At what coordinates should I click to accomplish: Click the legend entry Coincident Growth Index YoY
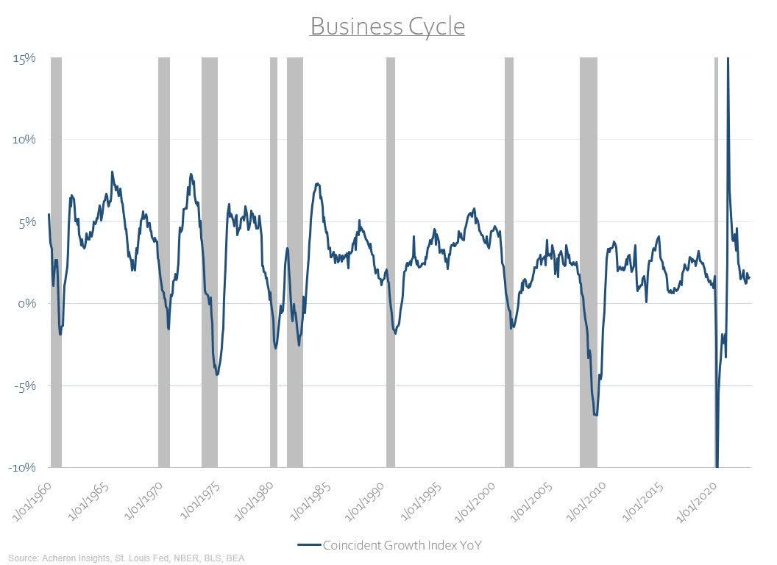pyautogui.click(x=390, y=545)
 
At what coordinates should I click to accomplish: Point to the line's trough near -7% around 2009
pyautogui.click(x=595, y=415)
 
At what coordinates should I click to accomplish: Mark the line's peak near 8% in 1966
pyautogui.click(x=112, y=172)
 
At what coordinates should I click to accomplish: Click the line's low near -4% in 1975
pyautogui.click(x=217, y=374)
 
